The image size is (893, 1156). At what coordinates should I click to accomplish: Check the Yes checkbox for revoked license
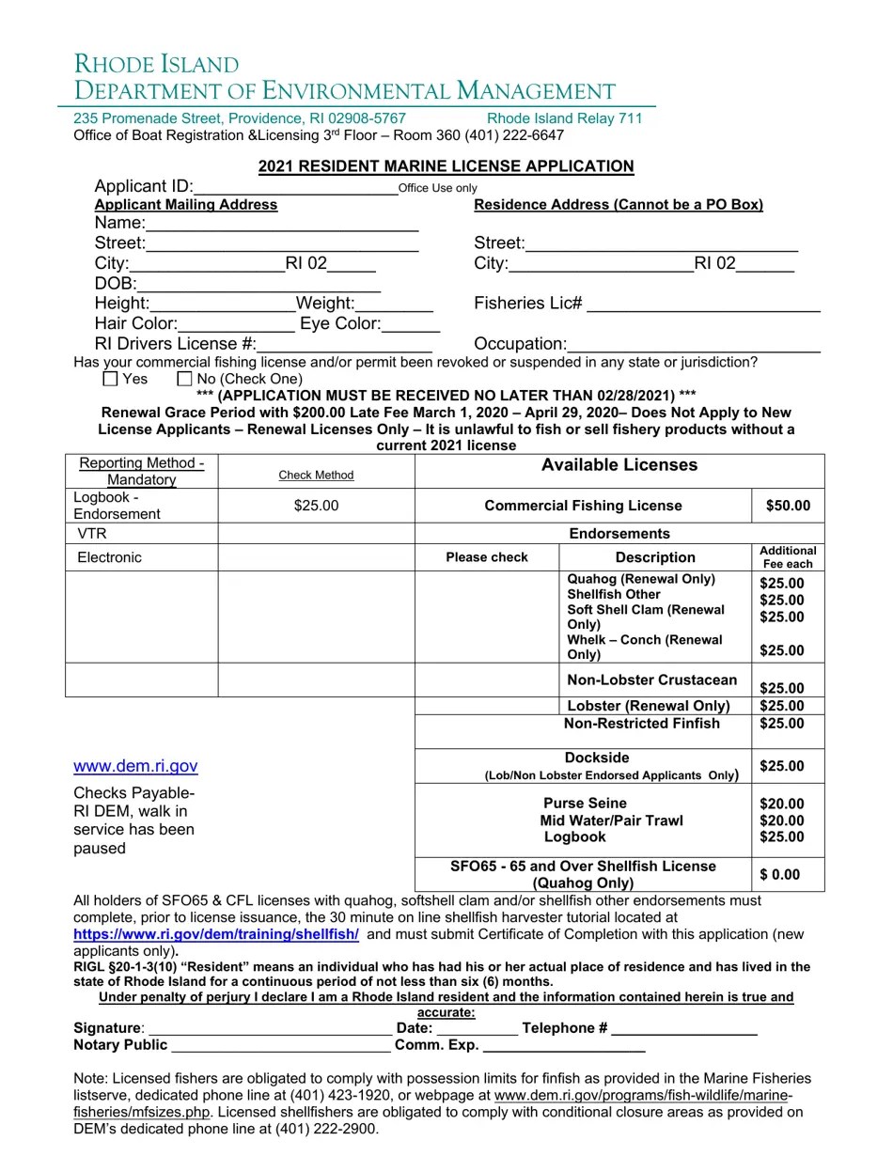click(x=110, y=379)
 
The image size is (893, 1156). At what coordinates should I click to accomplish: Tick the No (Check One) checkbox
click(x=184, y=379)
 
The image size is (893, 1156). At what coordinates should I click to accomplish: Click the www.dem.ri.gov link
click(x=135, y=766)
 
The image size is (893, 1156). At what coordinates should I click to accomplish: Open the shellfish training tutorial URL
click(x=216, y=935)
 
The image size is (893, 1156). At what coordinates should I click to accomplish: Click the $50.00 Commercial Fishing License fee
click(x=788, y=506)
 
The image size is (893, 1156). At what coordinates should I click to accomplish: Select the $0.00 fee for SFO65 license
click(x=780, y=875)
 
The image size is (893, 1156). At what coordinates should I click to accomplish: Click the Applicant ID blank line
click(x=296, y=188)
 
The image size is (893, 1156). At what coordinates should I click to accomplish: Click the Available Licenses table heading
click(x=619, y=465)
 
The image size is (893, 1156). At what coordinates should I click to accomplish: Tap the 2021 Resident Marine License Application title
click(x=446, y=166)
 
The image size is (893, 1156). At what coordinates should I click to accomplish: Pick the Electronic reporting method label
click(x=109, y=557)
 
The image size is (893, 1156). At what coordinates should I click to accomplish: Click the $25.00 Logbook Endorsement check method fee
click(x=316, y=506)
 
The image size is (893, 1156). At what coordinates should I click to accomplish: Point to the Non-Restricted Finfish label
click(x=641, y=724)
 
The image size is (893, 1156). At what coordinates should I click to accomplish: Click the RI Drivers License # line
click(x=344, y=346)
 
